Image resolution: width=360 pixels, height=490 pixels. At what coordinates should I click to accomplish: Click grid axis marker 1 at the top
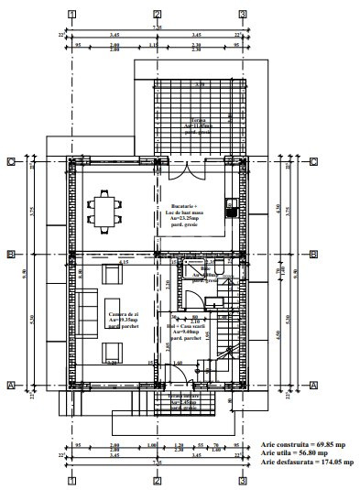71,15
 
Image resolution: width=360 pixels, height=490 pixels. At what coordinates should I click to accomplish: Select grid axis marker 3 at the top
243,15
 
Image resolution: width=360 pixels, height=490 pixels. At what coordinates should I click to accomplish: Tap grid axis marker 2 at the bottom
158,479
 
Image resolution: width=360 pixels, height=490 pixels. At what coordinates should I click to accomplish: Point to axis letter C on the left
10,162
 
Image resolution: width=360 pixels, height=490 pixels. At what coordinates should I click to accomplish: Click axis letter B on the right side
312,255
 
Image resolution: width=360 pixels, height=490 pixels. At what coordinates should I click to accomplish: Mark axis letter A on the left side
10,386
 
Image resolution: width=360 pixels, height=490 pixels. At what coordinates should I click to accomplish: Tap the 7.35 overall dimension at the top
157,28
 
